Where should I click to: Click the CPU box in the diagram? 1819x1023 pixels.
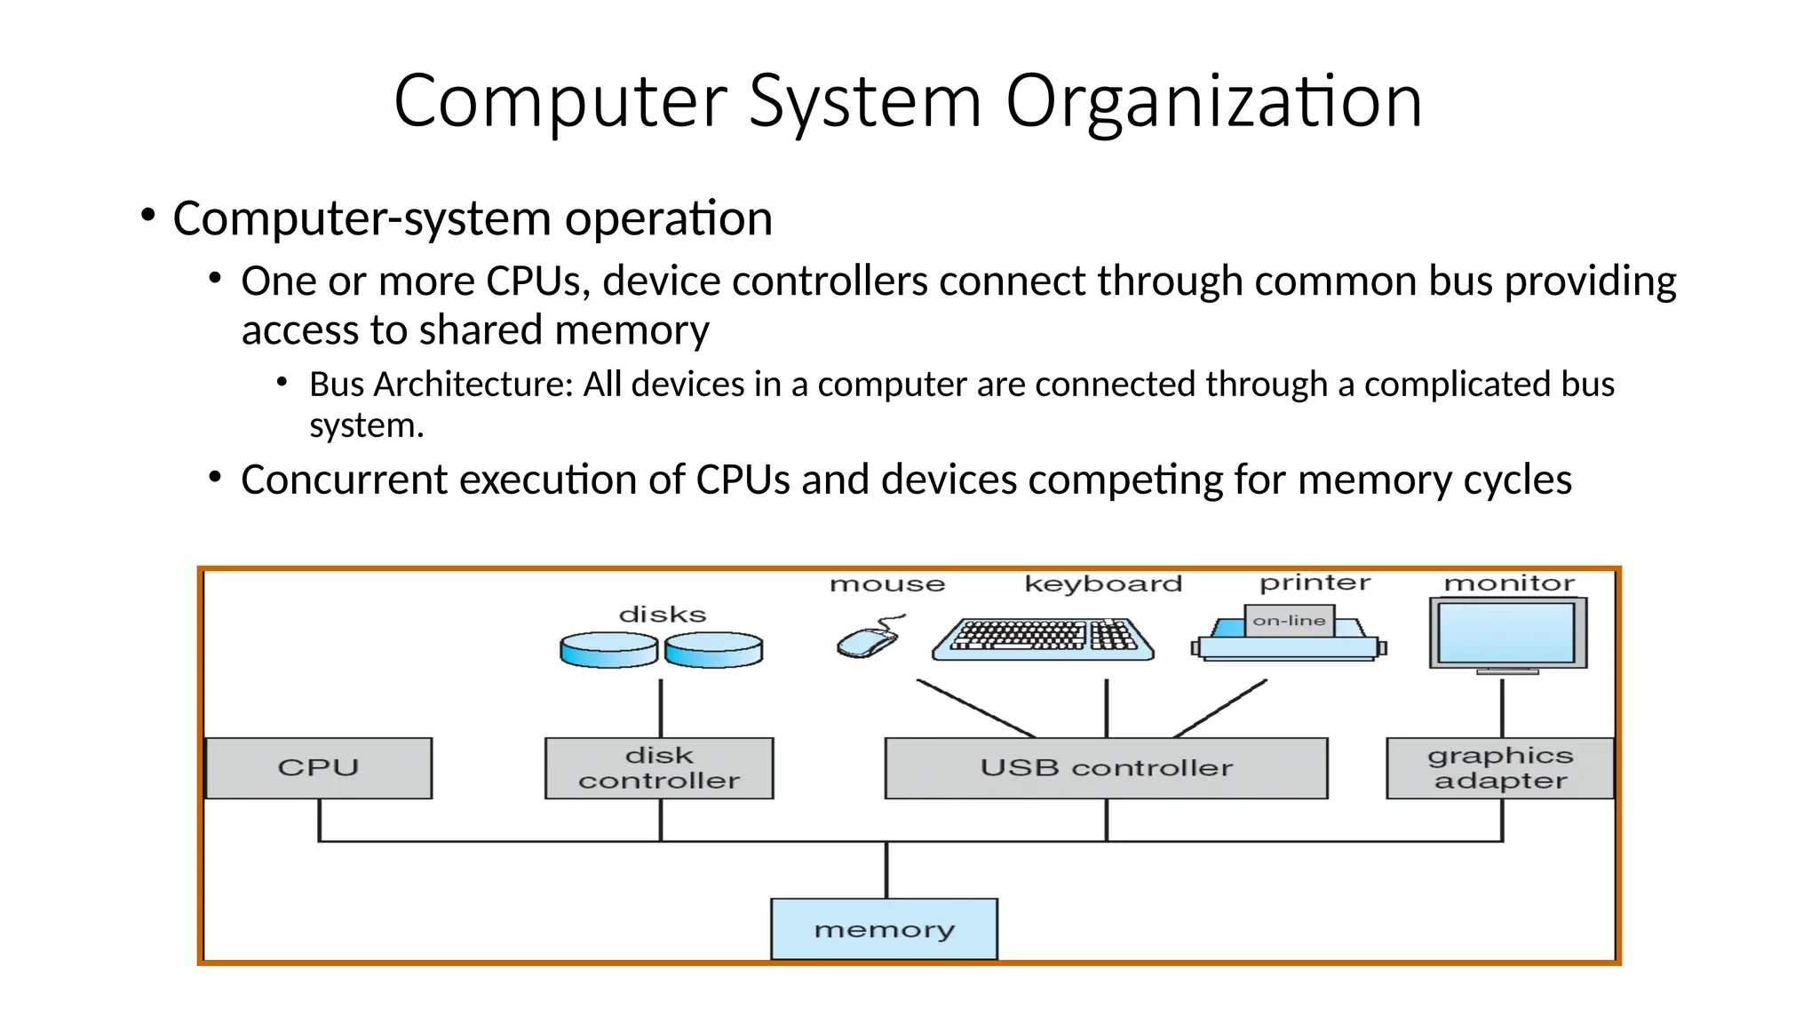pos(318,768)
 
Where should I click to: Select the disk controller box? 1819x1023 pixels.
pos(659,768)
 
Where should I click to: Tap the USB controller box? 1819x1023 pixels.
pos(1106,768)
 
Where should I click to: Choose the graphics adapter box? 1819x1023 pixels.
pos(1500,768)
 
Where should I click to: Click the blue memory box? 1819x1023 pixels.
pos(884,929)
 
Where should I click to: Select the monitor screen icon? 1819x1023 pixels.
pos(1507,633)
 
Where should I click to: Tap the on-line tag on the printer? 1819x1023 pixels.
pos(1289,621)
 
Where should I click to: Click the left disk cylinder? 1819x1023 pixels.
pos(609,650)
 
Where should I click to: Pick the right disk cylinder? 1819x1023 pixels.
pos(714,650)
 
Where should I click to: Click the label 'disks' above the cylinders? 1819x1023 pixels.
pos(663,615)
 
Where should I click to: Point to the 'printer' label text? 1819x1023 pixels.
pos(1315,583)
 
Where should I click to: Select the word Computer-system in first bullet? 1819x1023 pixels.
pos(362,218)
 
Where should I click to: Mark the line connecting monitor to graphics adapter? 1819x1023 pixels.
pos(1502,708)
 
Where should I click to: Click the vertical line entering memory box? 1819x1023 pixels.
pos(886,870)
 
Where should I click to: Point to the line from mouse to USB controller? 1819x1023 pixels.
pos(975,709)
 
